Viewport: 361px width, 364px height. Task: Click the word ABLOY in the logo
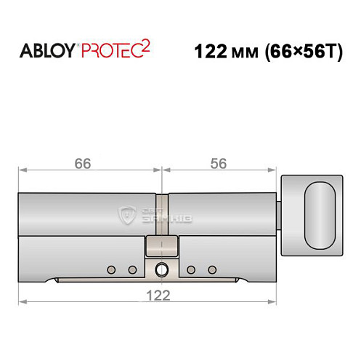click(46, 52)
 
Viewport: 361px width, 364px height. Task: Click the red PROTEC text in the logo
click(110, 52)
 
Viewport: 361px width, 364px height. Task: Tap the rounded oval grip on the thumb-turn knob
click(320, 215)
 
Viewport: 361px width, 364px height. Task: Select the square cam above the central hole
click(161, 248)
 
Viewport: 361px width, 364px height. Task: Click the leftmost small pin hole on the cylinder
click(111, 270)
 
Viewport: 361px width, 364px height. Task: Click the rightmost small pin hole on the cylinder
click(212, 270)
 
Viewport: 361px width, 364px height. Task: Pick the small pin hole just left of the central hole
click(133, 270)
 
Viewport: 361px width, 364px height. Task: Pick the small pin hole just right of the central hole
click(190, 270)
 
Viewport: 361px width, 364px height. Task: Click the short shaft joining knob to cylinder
click(280, 216)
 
